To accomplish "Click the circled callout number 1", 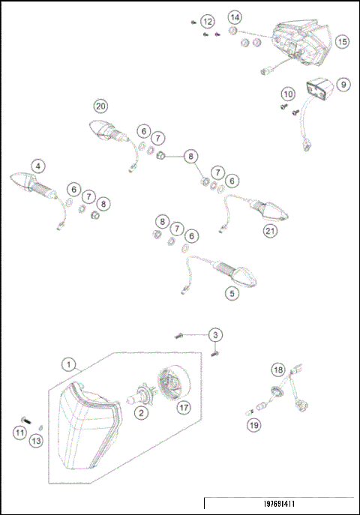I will [69, 366].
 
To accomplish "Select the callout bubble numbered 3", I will [215, 334].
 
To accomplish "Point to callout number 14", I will [235, 16].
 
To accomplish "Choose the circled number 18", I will [277, 370].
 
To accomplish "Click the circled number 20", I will [100, 105].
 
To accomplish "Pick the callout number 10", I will [289, 94].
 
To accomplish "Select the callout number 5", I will [233, 294].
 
